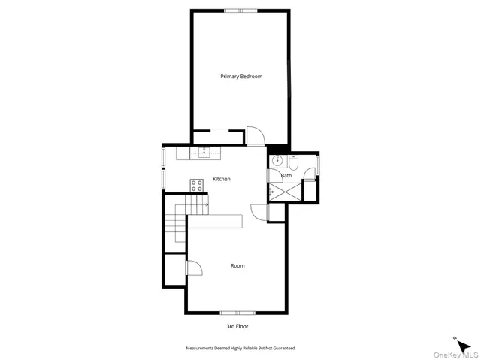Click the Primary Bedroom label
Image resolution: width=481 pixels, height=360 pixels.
(240, 77)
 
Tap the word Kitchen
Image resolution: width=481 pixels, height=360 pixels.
(221, 179)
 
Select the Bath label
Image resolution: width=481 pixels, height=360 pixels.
(286, 176)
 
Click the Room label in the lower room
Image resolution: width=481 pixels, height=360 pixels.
(237, 265)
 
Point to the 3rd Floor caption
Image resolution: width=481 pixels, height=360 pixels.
(237, 327)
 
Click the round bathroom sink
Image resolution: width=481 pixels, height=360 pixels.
(277, 160)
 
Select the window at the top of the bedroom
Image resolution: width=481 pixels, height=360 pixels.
(242, 11)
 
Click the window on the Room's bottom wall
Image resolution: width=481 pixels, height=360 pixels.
(236, 312)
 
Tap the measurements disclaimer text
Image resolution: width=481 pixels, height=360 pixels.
(240, 348)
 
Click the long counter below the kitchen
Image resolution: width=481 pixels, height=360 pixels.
(216, 222)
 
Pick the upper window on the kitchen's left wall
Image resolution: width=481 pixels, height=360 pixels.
(163, 156)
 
